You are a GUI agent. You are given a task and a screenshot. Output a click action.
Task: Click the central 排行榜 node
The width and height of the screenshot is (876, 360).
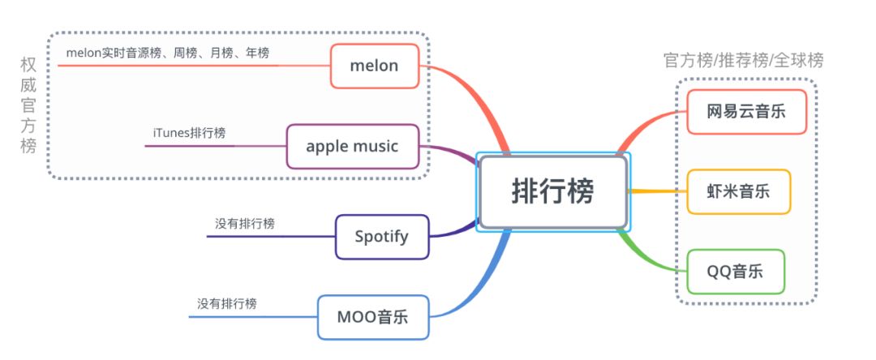click(x=553, y=192)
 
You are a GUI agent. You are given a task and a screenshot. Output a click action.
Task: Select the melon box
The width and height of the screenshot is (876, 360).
click(x=375, y=66)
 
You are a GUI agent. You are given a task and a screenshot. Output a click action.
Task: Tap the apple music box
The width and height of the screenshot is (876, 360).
click(x=353, y=146)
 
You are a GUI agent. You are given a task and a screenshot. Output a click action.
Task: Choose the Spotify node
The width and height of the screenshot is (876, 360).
click(x=382, y=237)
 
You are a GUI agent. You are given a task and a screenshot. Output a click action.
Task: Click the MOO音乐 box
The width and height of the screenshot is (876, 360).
click(x=372, y=317)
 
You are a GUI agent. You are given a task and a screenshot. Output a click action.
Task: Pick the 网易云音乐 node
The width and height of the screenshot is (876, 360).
click(x=746, y=111)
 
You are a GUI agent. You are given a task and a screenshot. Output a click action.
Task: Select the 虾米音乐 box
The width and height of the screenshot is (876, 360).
click(x=738, y=191)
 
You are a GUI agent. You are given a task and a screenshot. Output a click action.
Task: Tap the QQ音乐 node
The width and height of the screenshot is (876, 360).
click(x=736, y=272)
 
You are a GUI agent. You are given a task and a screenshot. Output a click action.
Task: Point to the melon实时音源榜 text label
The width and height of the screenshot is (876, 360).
click(x=167, y=52)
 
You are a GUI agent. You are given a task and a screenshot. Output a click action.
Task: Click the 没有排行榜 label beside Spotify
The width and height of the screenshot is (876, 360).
click(x=245, y=223)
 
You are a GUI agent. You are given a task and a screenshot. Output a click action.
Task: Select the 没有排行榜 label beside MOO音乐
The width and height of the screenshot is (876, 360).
click(x=227, y=303)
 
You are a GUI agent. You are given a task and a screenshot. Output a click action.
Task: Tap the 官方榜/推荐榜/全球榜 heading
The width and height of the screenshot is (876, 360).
click(x=743, y=60)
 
